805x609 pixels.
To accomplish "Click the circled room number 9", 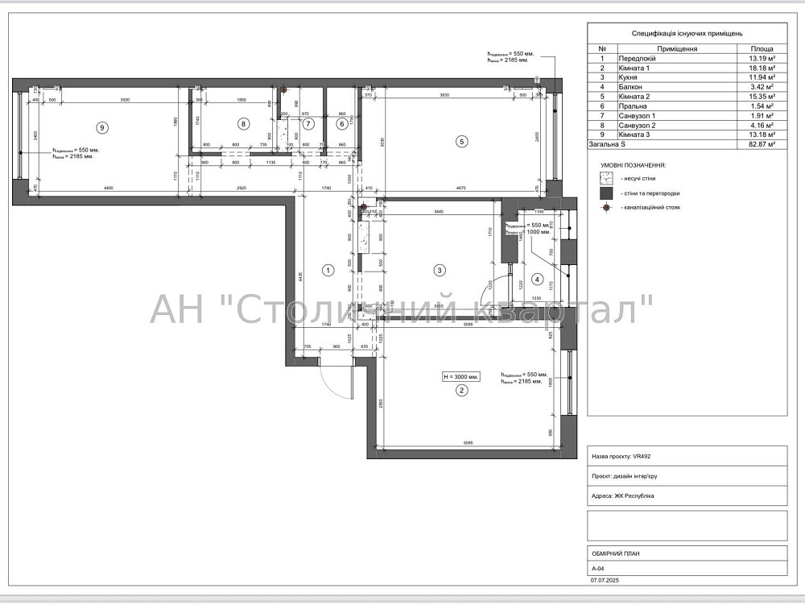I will (x=101, y=126).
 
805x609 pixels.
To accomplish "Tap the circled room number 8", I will (x=242, y=123).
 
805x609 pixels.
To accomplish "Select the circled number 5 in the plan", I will (x=461, y=141).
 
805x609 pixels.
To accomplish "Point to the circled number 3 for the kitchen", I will (x=439, y=270).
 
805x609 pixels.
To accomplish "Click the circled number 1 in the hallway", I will (x=328, y=270).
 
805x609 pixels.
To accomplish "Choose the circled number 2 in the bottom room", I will (x=461, y=391).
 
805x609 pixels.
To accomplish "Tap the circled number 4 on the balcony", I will (x=538, y=279).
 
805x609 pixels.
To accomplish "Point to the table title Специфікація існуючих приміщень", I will (x=687, y=34).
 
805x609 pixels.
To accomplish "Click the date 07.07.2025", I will (x=605, y=580).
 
